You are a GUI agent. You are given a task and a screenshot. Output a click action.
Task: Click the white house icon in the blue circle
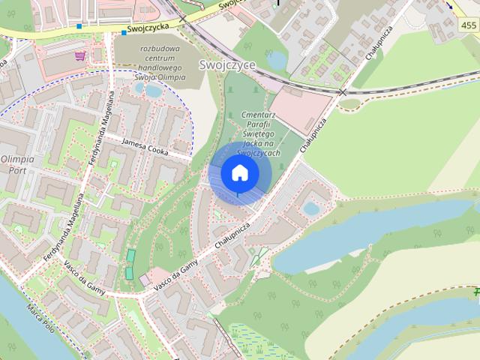pos(239,172)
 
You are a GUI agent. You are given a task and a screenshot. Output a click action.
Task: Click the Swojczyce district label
pos(228,65)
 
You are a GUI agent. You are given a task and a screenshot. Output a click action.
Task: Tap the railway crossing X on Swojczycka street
pos(182,19)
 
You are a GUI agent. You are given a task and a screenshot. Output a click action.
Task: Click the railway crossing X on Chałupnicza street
pos(343,91)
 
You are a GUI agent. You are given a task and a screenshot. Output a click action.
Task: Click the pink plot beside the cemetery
pos(299,109)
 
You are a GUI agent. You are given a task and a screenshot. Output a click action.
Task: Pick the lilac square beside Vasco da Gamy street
pos(144,280)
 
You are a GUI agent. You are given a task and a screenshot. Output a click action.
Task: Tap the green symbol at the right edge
pos(475,291)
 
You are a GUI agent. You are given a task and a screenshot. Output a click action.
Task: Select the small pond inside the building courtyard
pos(310,208)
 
